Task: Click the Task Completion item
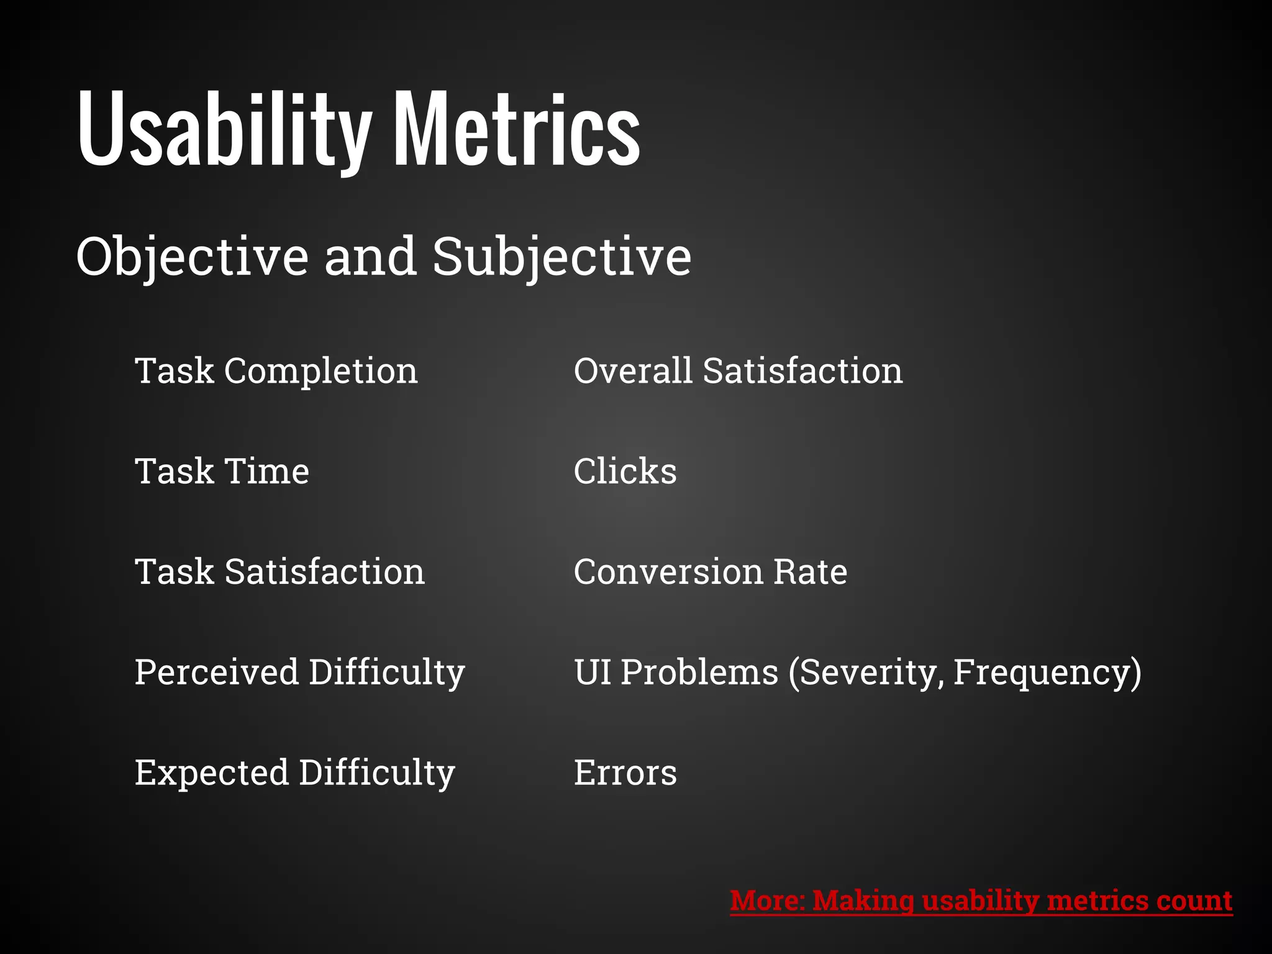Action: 276,371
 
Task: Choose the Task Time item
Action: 222,471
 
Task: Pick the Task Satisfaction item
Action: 279,571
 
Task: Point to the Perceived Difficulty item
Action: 299,672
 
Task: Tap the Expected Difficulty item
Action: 294,773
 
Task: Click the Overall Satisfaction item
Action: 738,371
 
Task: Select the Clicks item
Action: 625,471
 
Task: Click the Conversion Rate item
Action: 710,571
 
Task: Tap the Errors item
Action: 625,773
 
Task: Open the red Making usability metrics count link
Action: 981,901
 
